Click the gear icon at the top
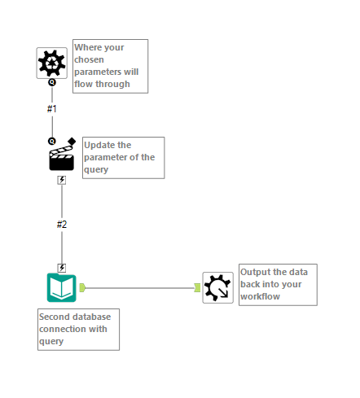click(x=51, y=62)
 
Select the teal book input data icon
click(x=62, y=287)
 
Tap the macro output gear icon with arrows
click(x=217, y=287)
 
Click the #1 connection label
click(x=52, y=108)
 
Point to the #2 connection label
click(x=62, y=224)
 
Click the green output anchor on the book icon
click(x=83, y=286)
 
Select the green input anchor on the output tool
click(x=197, y=286)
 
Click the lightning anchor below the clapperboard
click(x=62, y=180)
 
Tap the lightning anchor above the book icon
click(x=62, y=267)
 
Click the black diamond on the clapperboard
click(x=72, y=142)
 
